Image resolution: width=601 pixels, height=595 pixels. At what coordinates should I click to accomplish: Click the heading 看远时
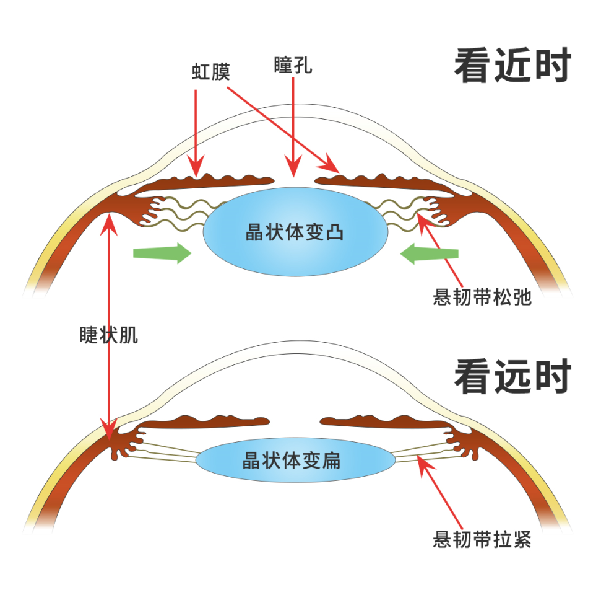pos(511,377)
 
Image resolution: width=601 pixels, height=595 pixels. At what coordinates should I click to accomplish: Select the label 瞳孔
pos(293,65)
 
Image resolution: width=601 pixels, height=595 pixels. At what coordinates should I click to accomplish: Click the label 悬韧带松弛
pos(482,297)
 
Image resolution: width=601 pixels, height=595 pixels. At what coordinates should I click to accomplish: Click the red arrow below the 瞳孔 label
pos(293,130)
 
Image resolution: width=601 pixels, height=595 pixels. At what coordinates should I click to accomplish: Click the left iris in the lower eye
pos(210,421)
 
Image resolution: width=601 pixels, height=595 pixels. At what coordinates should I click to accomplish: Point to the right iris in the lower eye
pos(384,422)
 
